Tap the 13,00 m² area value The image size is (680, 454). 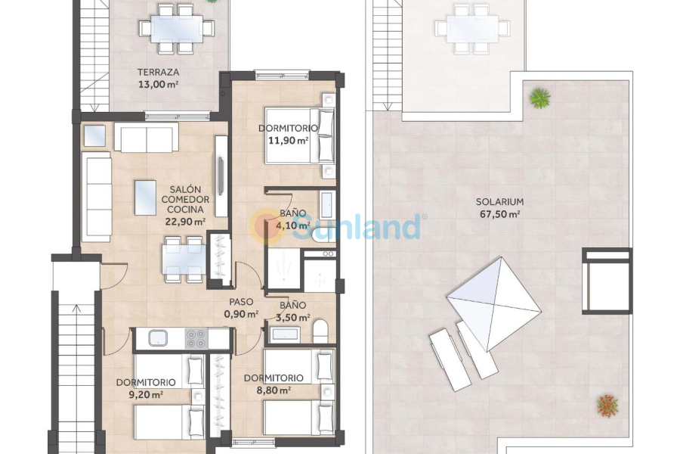158,85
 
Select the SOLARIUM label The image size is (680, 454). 499,202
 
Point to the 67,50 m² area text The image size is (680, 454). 499,214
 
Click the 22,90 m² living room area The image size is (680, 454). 185,222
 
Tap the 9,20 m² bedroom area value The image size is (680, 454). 146,394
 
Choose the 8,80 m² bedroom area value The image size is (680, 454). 273,390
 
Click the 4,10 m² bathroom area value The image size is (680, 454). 292,225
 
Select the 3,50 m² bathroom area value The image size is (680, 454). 292,318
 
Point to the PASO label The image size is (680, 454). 242,301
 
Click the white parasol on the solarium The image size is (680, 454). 494,303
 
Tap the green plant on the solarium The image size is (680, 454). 539,97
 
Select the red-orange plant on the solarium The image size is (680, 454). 607,405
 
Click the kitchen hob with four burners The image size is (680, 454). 196,337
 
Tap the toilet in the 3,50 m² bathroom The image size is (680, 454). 320,331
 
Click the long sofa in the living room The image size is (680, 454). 97,187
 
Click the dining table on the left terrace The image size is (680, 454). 176,29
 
